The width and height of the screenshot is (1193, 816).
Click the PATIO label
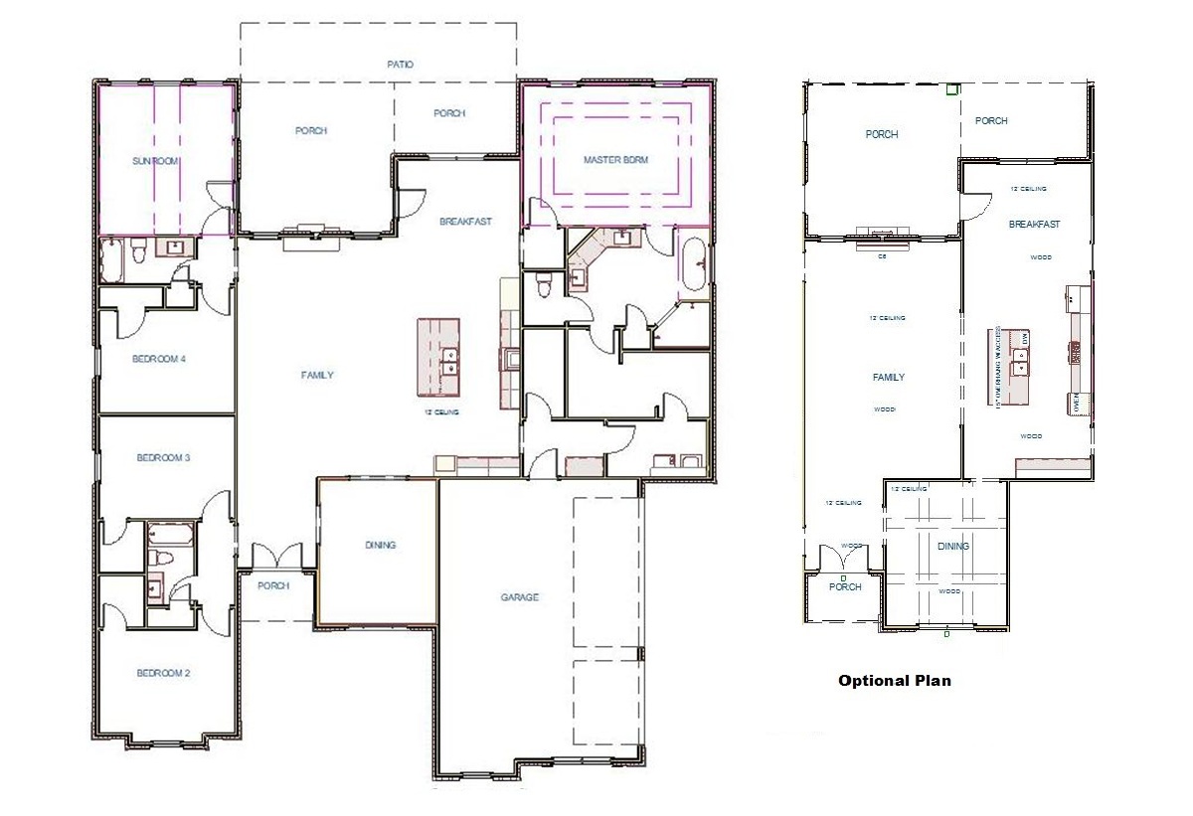pyautogui.click(x=400, y=65)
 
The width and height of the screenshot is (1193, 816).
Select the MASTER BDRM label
pyautogui.click(x=615, y=159)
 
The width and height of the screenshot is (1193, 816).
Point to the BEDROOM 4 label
pyautogui.click(x=159, y=360)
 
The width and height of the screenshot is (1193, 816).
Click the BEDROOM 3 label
pyautogui.click(x=163, y=458)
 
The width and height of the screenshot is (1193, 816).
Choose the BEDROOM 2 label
pyautogui.click(x=162, y=674)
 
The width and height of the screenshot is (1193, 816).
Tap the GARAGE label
pyautogui.click(x=519, y=597)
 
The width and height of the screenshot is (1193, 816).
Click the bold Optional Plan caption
pyautogui.click(x=894, y=681)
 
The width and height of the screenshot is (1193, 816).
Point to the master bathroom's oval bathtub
pyautogui.click(x=693, y=265)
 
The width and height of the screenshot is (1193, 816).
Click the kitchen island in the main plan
pyautogui.click(x=438, y=357)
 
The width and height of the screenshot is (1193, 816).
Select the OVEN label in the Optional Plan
pyautogui.click(x=1077, y=403)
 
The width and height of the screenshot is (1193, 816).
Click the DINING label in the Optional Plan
pyautogui.click(x=952, y=547)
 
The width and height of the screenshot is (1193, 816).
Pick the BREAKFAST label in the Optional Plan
pyautogui.click(x=1034, y=225)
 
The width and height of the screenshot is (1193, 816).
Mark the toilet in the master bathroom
pyautogui.click(x=543, y=287)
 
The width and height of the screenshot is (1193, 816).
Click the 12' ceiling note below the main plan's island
pyautogui.click(x=440, y=411)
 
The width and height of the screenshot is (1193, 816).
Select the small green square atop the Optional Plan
pyautogui.click(x=952, y=89)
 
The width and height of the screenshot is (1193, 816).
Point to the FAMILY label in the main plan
pyautogui.click(x=317, y=376)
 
